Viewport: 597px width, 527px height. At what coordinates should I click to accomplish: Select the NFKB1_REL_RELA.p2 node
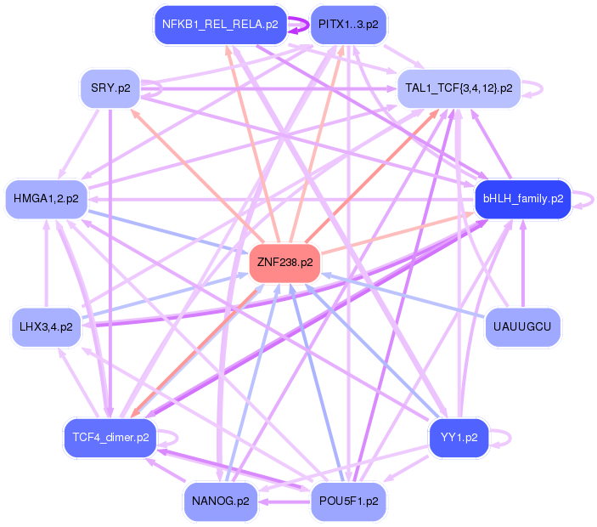pos(220,25)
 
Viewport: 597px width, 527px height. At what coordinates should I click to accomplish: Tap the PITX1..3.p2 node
pos(348,25)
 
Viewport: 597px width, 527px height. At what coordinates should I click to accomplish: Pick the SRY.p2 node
pos(110,88)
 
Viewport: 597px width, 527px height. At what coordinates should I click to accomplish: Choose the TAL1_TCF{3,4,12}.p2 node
pos(459,88)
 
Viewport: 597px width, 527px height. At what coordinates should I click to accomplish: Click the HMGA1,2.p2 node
pos(46,199)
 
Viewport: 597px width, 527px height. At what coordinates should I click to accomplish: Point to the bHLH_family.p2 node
pos(522,199)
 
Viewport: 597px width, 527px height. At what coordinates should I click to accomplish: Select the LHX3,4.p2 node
pos(46,326)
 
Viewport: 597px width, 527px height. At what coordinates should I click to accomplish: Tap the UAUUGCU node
pos(522,326)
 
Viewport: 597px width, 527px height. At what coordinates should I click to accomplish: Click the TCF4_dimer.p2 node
pos(110,438)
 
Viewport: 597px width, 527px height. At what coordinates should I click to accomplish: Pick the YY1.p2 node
pos(459,438)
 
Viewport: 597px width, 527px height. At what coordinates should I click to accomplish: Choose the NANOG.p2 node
pos(220,501)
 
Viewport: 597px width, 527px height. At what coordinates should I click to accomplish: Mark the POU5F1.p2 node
pos(349,501)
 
